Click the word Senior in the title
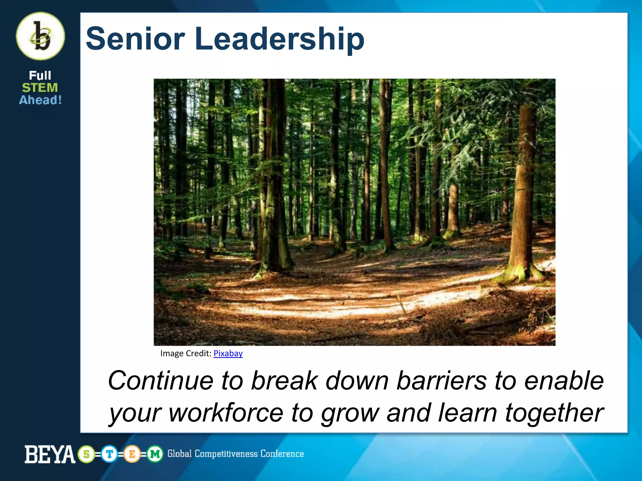point(135,39)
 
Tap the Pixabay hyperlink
point(228,353)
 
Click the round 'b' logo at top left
point(40,36)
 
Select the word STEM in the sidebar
point(40,88)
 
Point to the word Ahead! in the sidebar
point(40,100)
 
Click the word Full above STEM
point(40,75)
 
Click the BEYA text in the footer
point(50,454)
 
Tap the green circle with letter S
point(87,454)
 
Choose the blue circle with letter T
point(109,454)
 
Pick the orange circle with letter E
point(132,454)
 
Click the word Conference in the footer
point(282,454)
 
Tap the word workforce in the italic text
point(226,413)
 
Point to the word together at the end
point(554,413)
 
